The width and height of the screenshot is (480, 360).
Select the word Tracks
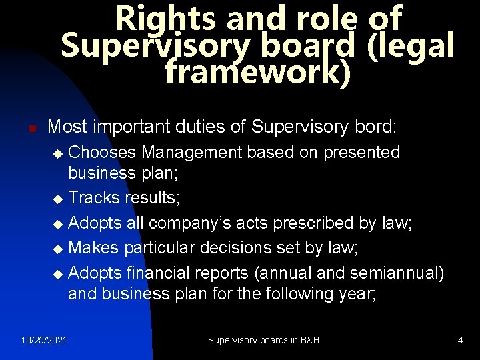(x=93, y=198)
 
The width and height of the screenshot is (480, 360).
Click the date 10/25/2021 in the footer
(x=43, y=340)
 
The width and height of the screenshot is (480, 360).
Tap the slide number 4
(x=460, y=340)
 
